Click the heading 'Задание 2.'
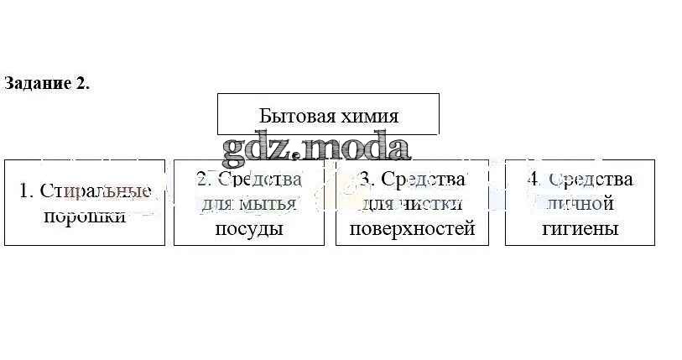pyautogui.click(x=46, y=83)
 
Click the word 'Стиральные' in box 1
pyautogui.click(x=95, y=190)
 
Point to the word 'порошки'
pyautogui.click(x=84, y=216)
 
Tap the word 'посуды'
pyautogui.click(x=249, y=228)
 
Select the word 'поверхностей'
pyautogui.click(x=412, y=228)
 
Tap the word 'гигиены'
pyautogui.click(x=580, y=228)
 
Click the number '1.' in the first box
pyautogui.click(x=26, y=190)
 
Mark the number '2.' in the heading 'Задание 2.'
pyautogui.click(x=81, y=83)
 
